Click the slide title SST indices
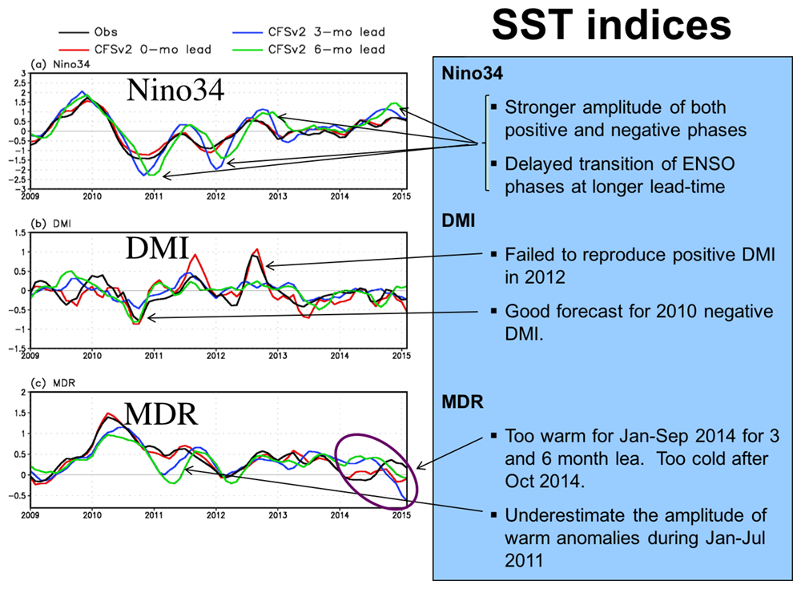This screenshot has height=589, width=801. [610, 26]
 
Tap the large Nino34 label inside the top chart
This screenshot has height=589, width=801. [175, 92]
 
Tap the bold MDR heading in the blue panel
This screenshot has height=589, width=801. [462, 401]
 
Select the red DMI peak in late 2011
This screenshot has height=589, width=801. [193, 256]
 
